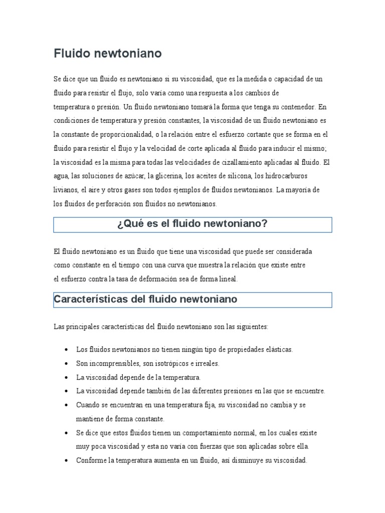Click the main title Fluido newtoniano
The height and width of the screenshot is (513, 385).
(108, 53)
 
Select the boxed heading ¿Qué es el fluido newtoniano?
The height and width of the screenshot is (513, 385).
(192, 224)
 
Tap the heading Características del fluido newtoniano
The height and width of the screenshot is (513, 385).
(145, 299)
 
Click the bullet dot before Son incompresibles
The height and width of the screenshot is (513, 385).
(67, 363)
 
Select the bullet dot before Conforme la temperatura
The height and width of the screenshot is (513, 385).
(67, 460)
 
